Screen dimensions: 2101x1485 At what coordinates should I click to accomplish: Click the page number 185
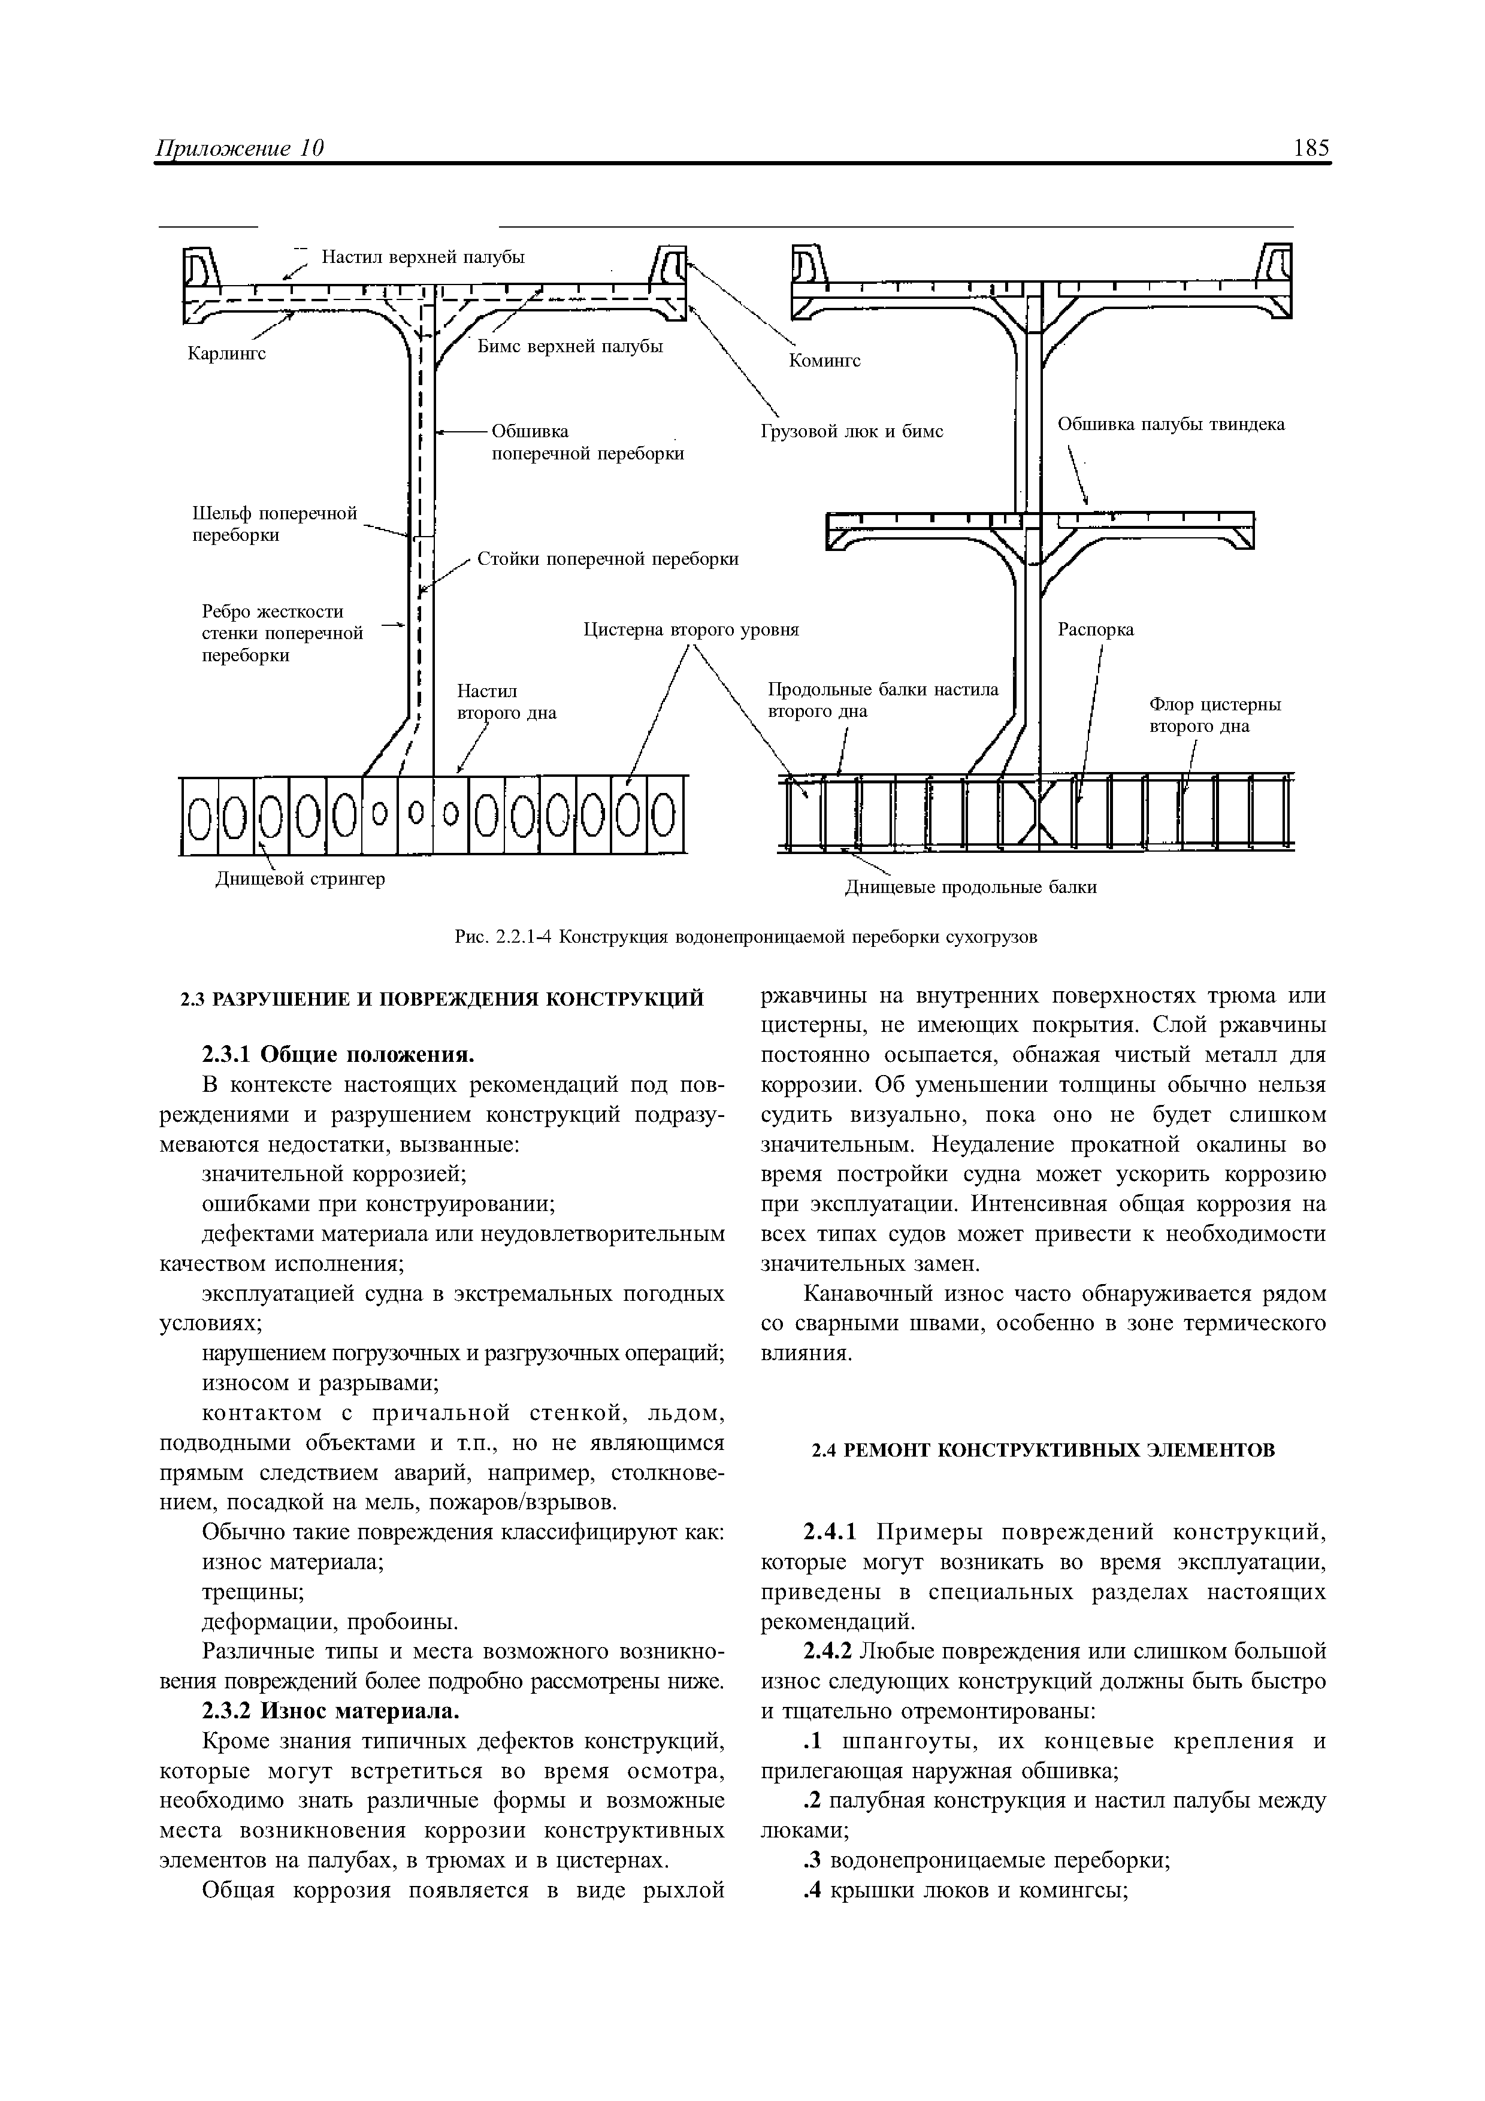[1311, 149]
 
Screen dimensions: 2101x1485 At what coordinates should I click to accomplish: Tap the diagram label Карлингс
[227, 353]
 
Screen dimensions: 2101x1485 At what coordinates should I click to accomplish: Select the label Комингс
[824, 361]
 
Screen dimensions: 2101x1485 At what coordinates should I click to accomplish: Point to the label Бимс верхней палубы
[570, 346]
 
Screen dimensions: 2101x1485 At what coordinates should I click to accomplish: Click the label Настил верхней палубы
[423, 257]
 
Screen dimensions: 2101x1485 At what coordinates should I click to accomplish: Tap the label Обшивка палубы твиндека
[1171, 423]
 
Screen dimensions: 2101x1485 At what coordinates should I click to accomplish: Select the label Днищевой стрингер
[299, 879]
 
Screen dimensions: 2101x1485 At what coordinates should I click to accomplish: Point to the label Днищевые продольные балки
[969, 887]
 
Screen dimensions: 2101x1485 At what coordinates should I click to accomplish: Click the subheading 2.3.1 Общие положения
[338, 1054]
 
